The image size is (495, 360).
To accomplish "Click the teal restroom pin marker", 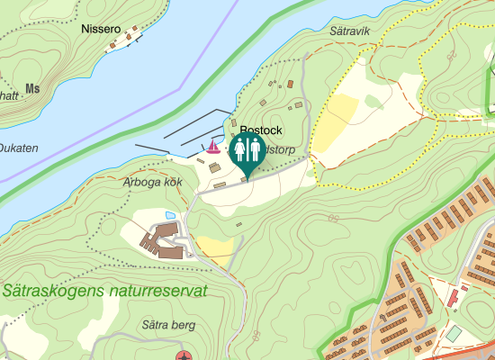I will click(x=246, y=151).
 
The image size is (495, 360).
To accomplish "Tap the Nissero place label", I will click(x=100, y=29).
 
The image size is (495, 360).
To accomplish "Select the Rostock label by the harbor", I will click(x=261, y=130).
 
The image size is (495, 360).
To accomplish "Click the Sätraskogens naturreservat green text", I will click(x=104, y=292).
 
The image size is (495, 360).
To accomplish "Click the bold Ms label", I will click(x=33, y=88).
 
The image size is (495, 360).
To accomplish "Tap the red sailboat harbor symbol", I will click(x=212, y=146).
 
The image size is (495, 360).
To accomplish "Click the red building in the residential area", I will click(x=454, y=295).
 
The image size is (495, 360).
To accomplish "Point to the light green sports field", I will click(x=454, y=334).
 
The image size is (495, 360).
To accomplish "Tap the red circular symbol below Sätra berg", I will click(x=184, y=356).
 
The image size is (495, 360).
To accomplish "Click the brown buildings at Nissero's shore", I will click(x=121, y=41).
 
